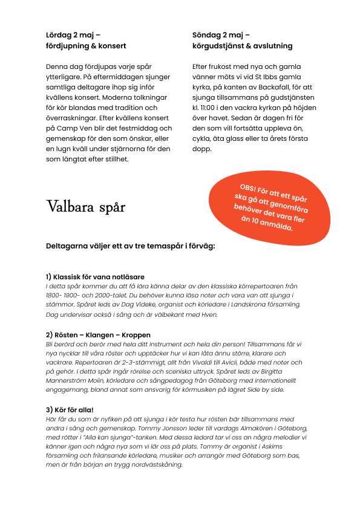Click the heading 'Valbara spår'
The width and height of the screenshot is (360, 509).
(x=86, y=207)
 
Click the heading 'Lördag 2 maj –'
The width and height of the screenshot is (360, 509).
(x=74, y=35)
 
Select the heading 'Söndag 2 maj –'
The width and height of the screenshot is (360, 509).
(x=221, y=35)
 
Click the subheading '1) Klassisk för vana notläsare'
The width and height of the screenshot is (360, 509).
(x=95, y=276)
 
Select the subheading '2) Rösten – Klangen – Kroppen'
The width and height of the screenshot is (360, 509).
(x=98, y=334)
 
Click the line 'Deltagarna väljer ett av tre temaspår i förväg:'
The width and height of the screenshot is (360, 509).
(x=130, y=246)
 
